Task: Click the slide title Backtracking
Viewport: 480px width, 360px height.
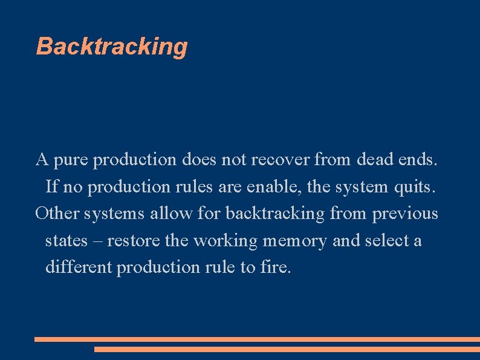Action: (x=112, y=47)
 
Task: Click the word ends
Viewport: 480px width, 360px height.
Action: (x=418, y=160)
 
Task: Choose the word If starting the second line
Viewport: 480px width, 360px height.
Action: (x=52, y=187)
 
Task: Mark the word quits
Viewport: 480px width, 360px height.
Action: (x=414, y=187)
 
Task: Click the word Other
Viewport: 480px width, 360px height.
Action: (x=57, y=214)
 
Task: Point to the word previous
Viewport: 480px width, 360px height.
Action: (x=405, y=214)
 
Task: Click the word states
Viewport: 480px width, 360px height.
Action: (x=66, y=240)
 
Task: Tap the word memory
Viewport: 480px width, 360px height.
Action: (x=295, y=240)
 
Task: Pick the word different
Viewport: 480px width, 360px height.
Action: (x=79, y=267)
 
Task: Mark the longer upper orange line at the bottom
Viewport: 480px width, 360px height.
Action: (x=257, y=339)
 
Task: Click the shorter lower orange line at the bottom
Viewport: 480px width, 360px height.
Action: (x=287, y=349)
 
